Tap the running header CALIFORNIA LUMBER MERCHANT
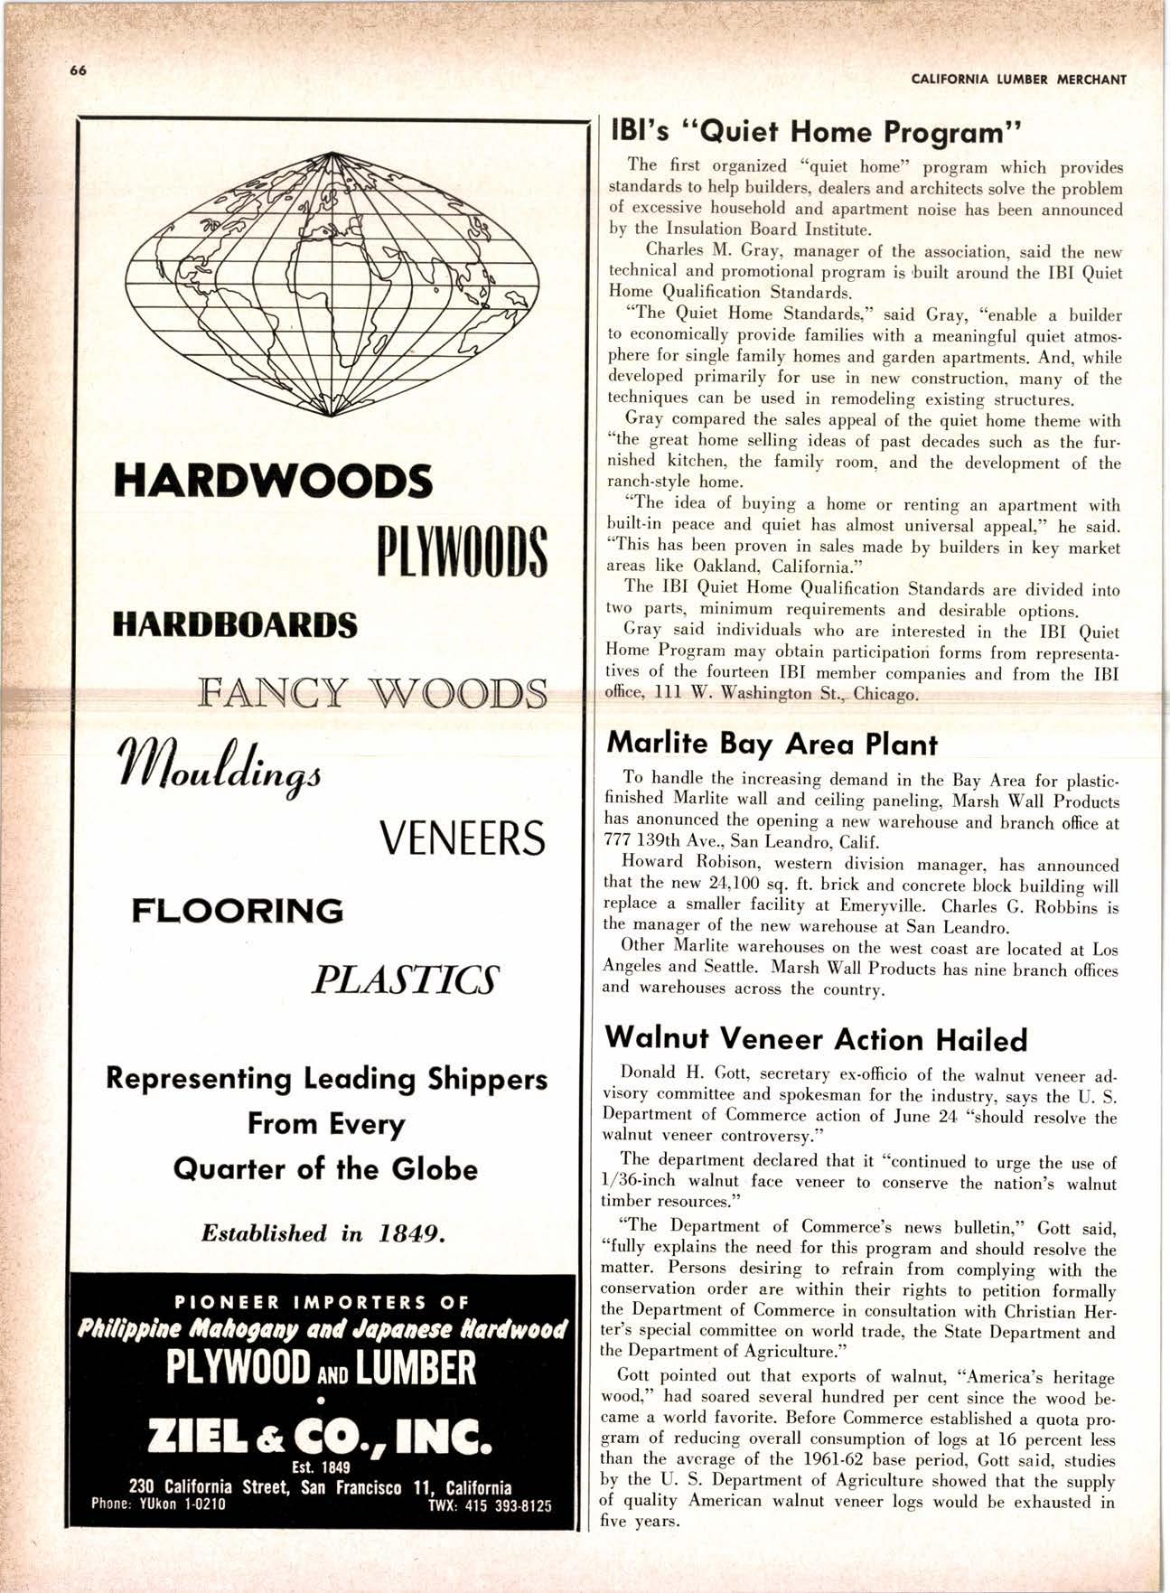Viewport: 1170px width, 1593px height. coord(1019,79)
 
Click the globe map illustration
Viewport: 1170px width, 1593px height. coord(331,283)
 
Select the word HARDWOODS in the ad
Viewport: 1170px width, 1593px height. coord(272,482)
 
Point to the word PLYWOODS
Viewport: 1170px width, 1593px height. coord(460,549)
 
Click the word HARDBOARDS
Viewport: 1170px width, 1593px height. coord(235,624)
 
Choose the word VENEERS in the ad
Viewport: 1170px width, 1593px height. coord(463,839)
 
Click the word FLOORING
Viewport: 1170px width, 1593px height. coord(238,910)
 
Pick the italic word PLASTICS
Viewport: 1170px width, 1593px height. coord(404,980)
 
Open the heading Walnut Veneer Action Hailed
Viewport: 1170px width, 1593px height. coord(815,1039)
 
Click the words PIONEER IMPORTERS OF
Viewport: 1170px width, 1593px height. coord(323,1302)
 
